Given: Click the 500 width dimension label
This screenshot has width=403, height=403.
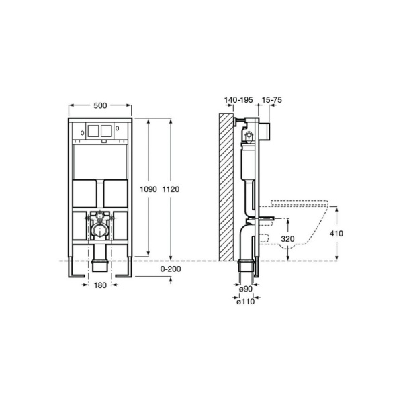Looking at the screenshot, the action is tap(100, 105).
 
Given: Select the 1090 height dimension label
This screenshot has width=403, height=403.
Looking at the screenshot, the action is tap(148, 189).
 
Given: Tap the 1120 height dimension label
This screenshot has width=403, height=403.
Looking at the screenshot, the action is tap(171, 189).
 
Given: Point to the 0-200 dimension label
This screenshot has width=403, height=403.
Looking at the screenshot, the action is tap(171, 269).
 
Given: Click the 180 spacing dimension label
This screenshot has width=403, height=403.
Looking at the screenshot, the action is tap(100, 285).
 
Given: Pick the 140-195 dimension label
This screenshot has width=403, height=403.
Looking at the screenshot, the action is tap(238, 99).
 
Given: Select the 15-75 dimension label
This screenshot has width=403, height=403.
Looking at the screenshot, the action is tap(272, 99).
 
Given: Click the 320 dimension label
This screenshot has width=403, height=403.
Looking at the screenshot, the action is tap(287, 239).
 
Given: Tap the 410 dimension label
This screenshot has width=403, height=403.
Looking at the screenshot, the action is tap(337, 234).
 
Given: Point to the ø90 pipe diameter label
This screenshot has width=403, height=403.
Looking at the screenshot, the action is tap(246, 289).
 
